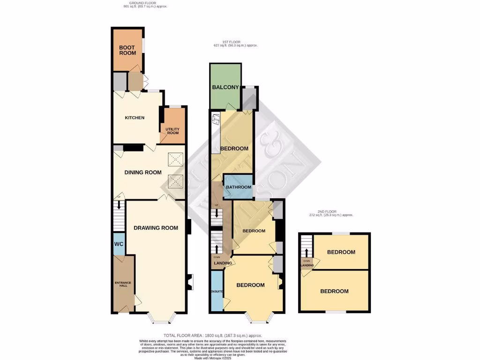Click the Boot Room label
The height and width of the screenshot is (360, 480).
click(x=127, y=50)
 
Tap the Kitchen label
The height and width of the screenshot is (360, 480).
click(x=134, y=118)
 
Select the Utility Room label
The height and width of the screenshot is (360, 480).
click(x=173, y=130)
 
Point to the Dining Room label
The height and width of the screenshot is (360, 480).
click(x=142, y=172)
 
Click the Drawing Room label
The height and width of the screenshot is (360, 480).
click(x=156, y=228)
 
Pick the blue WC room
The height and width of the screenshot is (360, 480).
click(x=119, y=244)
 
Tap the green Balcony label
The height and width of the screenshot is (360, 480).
click(x=225, y=88)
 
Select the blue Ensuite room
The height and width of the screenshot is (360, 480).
click(x=217, y=291)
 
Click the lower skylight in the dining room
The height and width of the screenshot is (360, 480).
click(x=176, y=181)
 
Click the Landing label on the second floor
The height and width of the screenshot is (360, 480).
click(x=307, y=266)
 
